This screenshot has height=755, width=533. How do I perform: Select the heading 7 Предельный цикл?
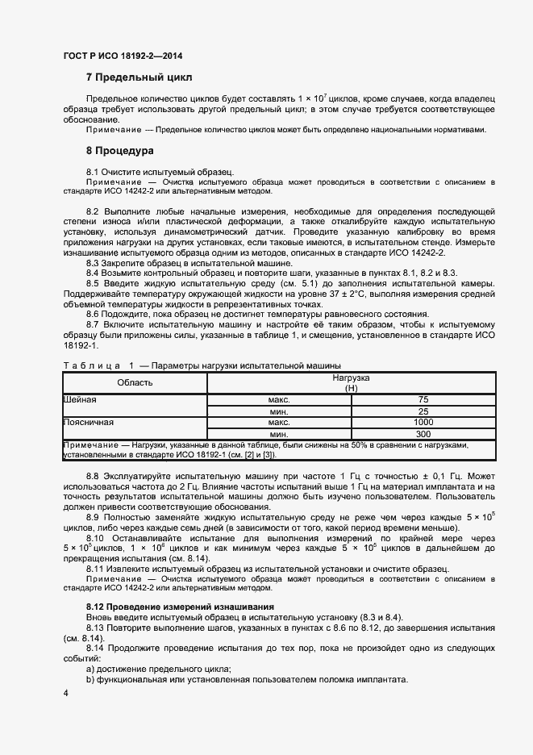point(139,77)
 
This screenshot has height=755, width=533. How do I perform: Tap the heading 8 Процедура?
point(121,151)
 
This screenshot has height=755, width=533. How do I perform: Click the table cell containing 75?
point(423,399)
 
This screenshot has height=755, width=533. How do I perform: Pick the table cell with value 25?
point(423,411)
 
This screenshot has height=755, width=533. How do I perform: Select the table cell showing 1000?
point(423,422)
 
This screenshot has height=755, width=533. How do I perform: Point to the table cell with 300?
point(423,433)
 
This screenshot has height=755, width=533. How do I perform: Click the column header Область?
point(135,382)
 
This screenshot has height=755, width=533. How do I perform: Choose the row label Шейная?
point(81,399)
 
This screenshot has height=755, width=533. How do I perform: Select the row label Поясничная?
point(88,422)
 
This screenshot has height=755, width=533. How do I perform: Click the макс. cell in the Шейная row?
point(279,399)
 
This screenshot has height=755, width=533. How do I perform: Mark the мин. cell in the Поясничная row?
point(279,433)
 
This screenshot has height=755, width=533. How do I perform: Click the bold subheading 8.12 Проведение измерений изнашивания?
point(180,606)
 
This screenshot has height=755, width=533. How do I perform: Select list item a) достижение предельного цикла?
point(158,669)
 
